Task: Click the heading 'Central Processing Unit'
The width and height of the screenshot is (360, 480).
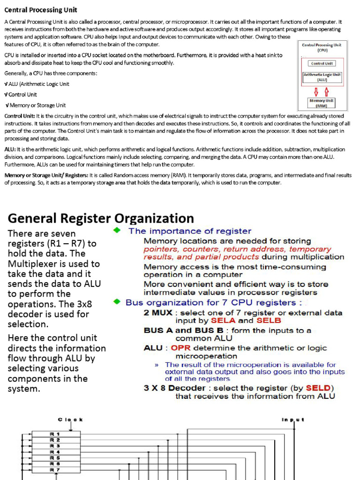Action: pyautogui.click(x=41, y=10)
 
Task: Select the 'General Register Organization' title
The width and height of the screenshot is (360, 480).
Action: pyautogui.click(x=101, y=218)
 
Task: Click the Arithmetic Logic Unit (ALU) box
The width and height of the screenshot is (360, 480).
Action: pyautogui.click(x=322, y=77)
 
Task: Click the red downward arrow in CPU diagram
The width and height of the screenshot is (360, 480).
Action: pyautogui.click(x=316, y=91)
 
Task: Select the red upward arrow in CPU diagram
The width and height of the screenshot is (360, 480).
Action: pyautogui.click(x=327, y=91)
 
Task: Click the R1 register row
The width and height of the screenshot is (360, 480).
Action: pyautogui.click(x=55, y=434)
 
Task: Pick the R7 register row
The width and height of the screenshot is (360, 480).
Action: pyautogui.click(x=55, y=469)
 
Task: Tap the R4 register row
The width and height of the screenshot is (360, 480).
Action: pyautogui.click(x=55, y=452)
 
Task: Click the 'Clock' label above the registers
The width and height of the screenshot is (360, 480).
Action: pyautogui.click(x=70, y=420)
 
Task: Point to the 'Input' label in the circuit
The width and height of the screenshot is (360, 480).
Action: pyautogui.click(x=293, y=420)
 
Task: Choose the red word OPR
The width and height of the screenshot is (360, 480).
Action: pyautogui.click(x=180, y=348)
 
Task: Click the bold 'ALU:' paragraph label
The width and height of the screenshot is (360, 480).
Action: pyautogui.click(x=10, y=149)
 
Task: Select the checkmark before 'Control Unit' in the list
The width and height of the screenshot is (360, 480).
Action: pyautogui.click(x=6, y=95)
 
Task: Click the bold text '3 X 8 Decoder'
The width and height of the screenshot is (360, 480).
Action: pyautogui.click(x=174, y=388)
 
